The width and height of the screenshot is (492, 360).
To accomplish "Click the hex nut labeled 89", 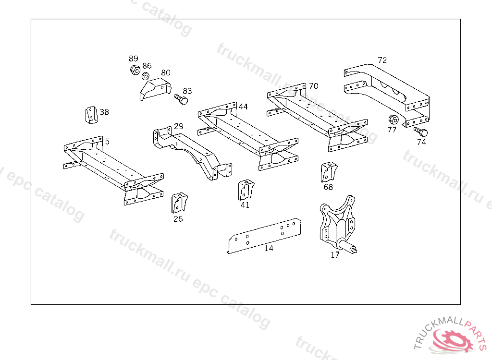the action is (x=135, y=70).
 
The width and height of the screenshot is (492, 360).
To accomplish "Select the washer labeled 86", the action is (x=145, y=76).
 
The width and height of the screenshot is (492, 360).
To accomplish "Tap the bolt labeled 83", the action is (x=181, y=99).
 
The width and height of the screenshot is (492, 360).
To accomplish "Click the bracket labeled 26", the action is (x=179, y=203).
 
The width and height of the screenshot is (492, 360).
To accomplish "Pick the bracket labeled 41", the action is (x=244, y=190).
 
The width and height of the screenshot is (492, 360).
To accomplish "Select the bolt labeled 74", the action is (x=420, y=132).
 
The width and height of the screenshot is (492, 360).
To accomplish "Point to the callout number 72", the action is (x=382, y=60).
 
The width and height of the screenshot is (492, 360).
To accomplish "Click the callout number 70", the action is (x=313, y=86).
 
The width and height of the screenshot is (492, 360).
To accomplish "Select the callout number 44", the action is (x=243, y=107).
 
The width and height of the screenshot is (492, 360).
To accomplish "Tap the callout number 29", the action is (x=179, y=126).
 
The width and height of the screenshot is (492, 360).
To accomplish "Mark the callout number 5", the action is (x=107, y=141).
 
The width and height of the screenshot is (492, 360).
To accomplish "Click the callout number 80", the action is (x=166, y=72).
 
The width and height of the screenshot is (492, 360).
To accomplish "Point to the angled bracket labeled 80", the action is (x=155, y=90).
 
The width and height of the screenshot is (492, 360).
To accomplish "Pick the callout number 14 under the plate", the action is (x=269, y=248).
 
